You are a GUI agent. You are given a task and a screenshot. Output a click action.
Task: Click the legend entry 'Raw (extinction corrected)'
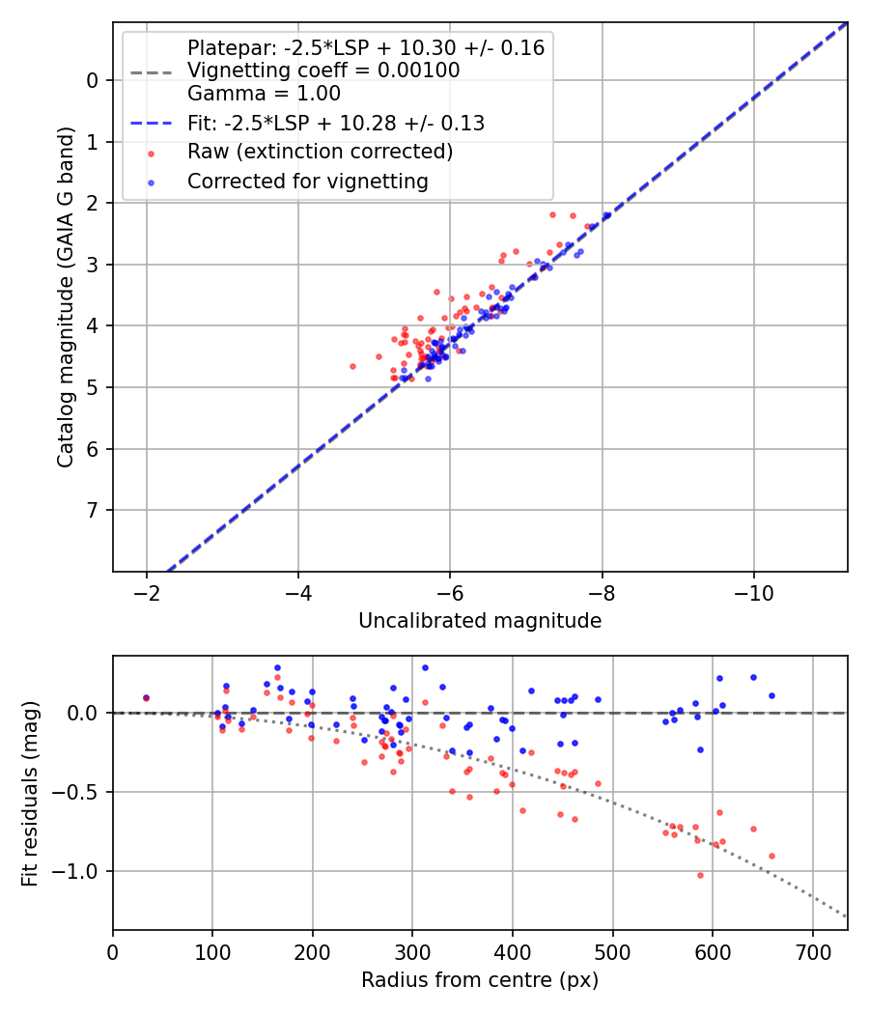(x=320, y=152)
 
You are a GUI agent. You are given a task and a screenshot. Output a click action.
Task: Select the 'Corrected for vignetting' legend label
(x=307, y=181)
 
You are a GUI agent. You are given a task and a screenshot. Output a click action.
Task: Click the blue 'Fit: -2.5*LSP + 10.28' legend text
(x=335, y=123)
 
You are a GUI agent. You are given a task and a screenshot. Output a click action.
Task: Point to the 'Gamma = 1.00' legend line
(x=264, y=94)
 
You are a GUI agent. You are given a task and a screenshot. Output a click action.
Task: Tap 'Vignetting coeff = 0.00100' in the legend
(x=323, y=70)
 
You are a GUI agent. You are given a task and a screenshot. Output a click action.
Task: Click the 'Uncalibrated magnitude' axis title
(x=480, y=621)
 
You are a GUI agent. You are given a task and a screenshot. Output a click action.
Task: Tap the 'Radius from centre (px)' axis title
(x=480, y=980)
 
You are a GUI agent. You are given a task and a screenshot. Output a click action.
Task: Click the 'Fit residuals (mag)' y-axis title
(x=30, y=793)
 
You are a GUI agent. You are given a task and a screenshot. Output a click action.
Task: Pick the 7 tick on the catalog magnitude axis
(x=93, y=510)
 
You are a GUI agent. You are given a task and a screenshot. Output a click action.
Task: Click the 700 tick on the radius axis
(x=812, y=952)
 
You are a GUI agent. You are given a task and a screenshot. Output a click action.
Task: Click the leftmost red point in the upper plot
(x=352, y=366)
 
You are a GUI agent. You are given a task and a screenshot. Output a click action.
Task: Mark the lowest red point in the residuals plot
(x=700, y=875)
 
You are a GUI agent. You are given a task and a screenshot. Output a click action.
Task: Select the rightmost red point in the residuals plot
(x=771, y=856)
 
